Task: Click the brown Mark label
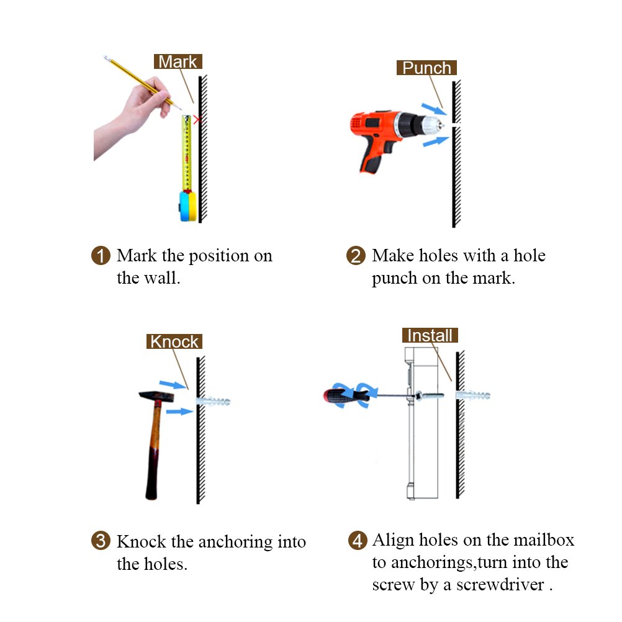pyautogui.click(x=178, y=61)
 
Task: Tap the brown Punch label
pyautogui.click(x=426, y=68)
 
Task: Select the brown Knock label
pyautogui.click(x=174, y=341)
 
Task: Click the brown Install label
pyautogui.click(x=430, y=335)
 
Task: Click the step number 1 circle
pyautogui.click(x=101, y=256)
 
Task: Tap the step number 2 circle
pyautogui.click(x=356, y=256)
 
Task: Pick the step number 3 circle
pyautogui.click(x=101, y=541)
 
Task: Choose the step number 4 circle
pyautogui.click(x=358, y=540)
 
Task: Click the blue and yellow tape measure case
pyautogui.click(x=187, y=206)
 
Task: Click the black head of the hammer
pyautogui.click(x=156, y=396)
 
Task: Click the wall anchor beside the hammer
pyautogui.click(x=213, y=401)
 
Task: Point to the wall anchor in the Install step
pyautogui.click(x=473, y=395)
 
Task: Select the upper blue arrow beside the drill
pyautogui.click(x=434, y=109)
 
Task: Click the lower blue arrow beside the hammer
pyautogui.click(x=179, y=412)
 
